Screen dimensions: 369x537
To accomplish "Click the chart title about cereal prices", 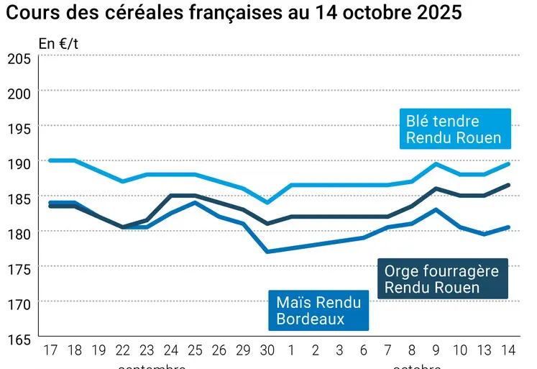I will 234,14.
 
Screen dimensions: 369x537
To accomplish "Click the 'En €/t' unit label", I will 58,43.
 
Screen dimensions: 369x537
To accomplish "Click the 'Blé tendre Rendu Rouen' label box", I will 454,129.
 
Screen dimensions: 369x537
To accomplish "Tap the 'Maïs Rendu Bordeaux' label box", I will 318,310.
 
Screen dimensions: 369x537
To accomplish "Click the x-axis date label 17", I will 50,351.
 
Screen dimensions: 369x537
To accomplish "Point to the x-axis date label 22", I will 123,351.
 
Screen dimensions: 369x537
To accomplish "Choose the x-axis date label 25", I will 195,351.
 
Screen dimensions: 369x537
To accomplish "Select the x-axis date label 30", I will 267,351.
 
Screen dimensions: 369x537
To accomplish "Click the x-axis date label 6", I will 364,351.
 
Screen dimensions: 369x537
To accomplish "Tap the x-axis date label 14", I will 508,351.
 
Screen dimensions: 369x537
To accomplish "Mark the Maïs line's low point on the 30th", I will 267,252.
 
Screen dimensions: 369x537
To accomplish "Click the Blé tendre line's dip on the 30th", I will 267,203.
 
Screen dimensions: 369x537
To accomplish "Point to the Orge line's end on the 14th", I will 508,185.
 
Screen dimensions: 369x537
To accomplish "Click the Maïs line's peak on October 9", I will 436,209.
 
